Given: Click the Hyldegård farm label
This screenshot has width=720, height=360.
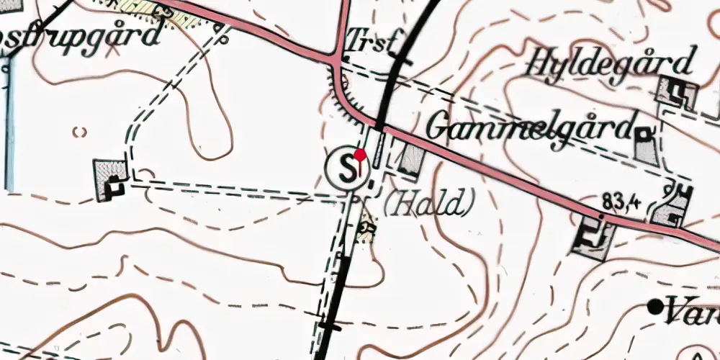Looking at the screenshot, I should pyautogui.click(x=612, y=63).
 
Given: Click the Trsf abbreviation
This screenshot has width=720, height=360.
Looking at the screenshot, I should pyautogui.click(x=370, y=42).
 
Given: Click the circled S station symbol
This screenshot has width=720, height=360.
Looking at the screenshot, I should pyautogui.click(x=347, y=169).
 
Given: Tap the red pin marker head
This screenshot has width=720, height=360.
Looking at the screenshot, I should pyautogui.click(x=361, y=154).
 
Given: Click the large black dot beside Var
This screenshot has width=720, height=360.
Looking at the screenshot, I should pyautogui.click(x=655, y=307).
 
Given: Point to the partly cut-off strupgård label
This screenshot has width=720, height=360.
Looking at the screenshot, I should pyautogui.click(x=79, y=36).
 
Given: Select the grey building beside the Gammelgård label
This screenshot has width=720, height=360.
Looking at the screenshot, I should pyautogui.click(x=646, y=145).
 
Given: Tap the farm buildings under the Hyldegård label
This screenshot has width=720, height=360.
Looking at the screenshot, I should pyautogui.click(x=678, y=91).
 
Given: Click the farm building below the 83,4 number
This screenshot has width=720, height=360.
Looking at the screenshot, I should pyautogui.click(x=593, y=236).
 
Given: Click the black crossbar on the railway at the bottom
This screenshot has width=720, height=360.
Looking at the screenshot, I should pyautogui.click(x=330, y=326).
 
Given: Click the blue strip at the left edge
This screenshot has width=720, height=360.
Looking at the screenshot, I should pyautogui.click(x=9, y=122).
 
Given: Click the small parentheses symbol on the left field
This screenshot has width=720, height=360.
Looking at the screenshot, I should pyautogui.click(x=80, y=132).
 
